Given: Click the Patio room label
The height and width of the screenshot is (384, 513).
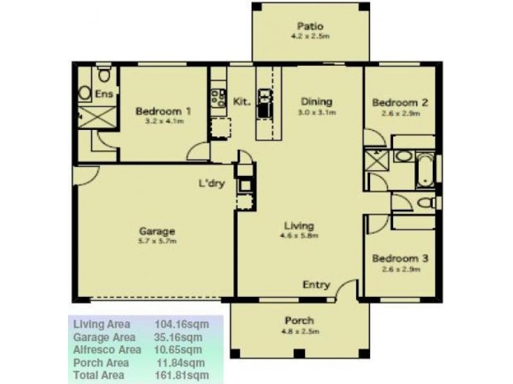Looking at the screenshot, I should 310,27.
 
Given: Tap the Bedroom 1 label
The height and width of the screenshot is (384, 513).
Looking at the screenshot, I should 164,111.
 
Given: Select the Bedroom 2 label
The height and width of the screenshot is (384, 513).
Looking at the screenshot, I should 400,102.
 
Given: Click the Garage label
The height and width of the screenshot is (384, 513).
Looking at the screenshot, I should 158,231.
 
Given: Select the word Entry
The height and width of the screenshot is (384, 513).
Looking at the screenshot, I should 316,285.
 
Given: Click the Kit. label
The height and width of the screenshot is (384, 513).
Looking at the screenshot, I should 241,101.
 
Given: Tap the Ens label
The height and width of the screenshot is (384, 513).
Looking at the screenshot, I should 104,94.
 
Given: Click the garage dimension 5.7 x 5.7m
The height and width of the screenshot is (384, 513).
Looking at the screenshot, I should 158,241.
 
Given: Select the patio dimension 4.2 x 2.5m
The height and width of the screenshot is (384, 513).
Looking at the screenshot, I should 310,37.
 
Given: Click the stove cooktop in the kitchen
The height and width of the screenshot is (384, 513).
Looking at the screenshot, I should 218,97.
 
